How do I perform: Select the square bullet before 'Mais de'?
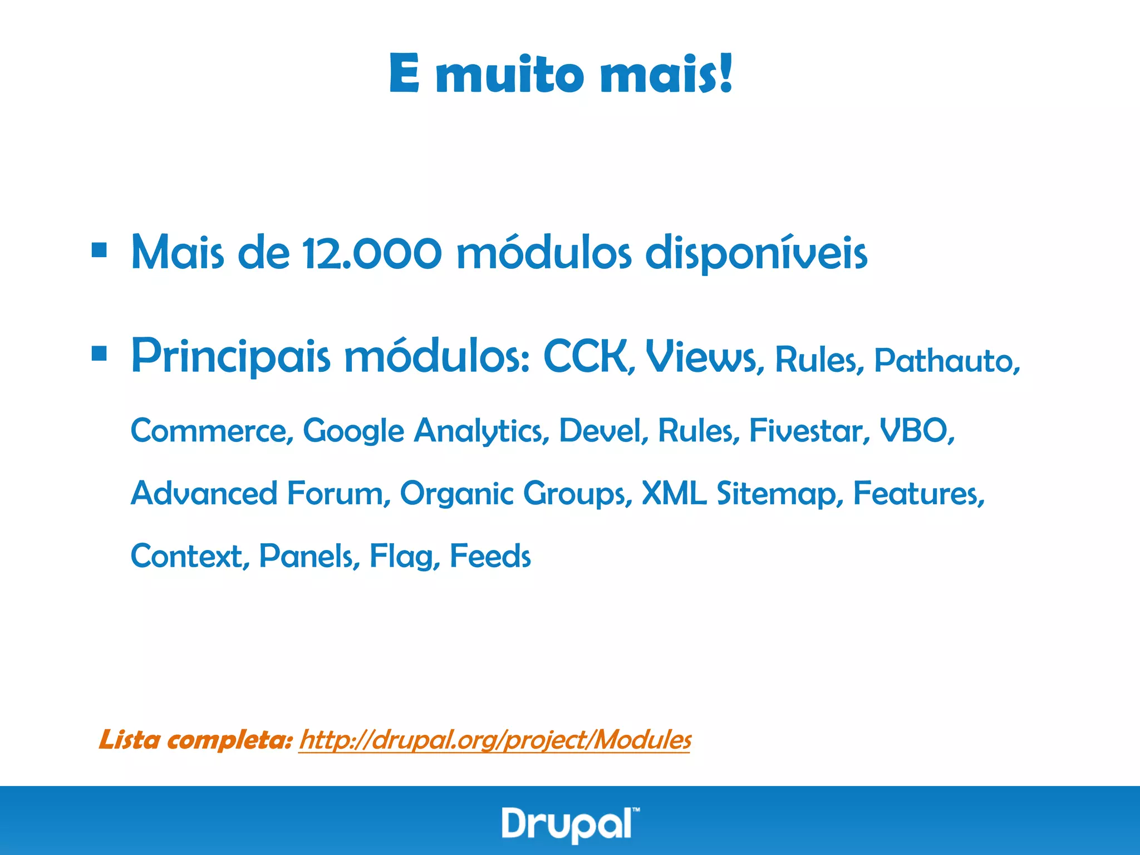[99, 250]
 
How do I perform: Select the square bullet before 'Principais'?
[99, 353]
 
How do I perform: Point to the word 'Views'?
[702, 357]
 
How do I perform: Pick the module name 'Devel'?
[603, 431]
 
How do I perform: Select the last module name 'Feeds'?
[490, 556]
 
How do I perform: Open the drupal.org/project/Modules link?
[494, 741]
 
